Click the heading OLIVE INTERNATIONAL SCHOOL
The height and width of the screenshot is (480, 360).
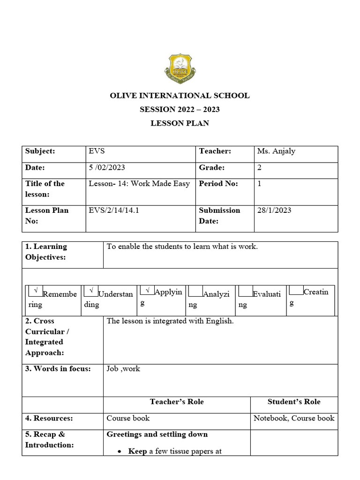tap(180, 96)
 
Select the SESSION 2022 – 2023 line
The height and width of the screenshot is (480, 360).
tap(180, 110)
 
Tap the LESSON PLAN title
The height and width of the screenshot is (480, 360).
tap(180, 123)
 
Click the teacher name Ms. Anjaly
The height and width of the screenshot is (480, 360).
tap(276, 151)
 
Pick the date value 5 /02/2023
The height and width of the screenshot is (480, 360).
tap(107, 167)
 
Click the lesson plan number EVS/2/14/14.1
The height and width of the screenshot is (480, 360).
tap(113, 210)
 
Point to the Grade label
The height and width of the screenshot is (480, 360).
tap(211, 167)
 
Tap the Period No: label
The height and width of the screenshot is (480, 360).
tap(218, 184)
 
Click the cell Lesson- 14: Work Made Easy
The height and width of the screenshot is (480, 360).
tap(139, 184)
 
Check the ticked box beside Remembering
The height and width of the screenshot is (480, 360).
tap(36, 291)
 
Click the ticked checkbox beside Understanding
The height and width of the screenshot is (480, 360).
tap(91, 291)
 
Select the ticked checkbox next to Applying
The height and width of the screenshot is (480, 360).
tap(147, 291)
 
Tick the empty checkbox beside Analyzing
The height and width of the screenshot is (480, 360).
tap(195, 292)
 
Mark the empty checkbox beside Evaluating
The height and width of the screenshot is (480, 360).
tap(245, 292)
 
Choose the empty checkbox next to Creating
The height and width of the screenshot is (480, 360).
tap(296, 290)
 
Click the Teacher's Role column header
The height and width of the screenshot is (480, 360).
tap(177, 402)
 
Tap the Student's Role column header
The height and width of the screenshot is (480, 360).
tap(294, 402)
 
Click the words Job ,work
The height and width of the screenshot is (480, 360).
tap(123, 369)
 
